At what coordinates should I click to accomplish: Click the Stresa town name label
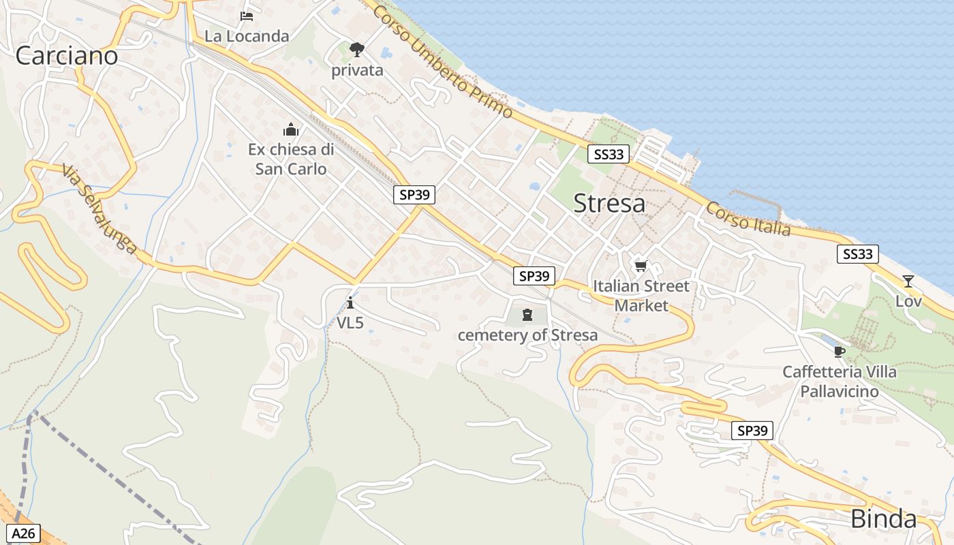pyautogui.click(x=609, y=203)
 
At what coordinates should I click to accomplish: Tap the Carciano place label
pyautogui.click(x=66, y=56)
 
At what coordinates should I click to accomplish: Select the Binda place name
pyautogui.click(x=883, y=519)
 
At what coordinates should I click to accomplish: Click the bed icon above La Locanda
pyautogui.click(x=247, y=16)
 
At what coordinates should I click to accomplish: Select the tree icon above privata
pyautogui.click(x=356, y=49)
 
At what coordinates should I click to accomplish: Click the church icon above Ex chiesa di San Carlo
pyautogui.click(x=291, y=129)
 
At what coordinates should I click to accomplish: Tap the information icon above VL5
pyautogui.click(x=350, y=302)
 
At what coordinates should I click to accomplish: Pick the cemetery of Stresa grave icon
pyautogui.click(x=527, y=314)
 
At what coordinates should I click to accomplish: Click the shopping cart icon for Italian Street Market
pyautogui.click(x=640, y=266)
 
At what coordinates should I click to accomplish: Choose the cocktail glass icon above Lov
pyautogui.click(x=908, y=281)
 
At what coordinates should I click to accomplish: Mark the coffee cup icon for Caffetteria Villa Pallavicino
pyautogui.click(x=839, y=352)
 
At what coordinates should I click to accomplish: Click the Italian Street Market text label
pyautogui.click(x=641, y=296)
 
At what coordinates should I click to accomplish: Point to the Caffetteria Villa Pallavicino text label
pyautogui.click(x=840, y=381)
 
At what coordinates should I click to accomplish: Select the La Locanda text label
pyautogui.click(x=247, y=36)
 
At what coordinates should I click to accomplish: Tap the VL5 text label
pyautogui.click(x=350, y=323)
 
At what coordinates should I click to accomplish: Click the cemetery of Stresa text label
pyautogui.click(x=527, y=335)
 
